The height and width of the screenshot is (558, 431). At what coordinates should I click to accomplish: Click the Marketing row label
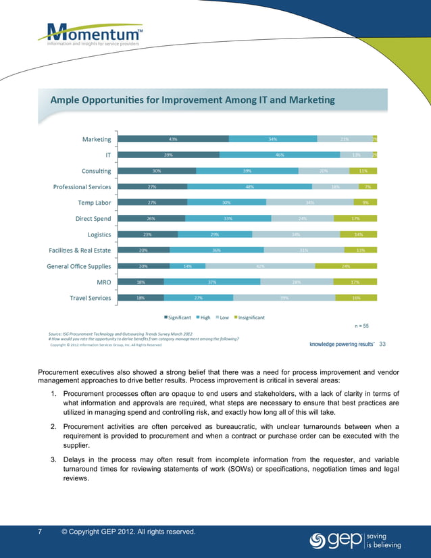(x=97, y=139)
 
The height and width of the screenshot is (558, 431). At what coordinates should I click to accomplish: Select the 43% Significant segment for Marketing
(x=173, y=139)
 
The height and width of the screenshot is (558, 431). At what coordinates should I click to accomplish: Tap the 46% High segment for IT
(x=279, y=155)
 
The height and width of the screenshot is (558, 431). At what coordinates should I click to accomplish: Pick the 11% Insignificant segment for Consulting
(x=363, y=171)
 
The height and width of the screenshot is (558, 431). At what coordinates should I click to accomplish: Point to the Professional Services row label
(x=82, y=186)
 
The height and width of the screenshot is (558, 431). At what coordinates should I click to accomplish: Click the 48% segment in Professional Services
(x=249, y=186)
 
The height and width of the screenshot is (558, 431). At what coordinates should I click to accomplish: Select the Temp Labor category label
(x=95, y=202)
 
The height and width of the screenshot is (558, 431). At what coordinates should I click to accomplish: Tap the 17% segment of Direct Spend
(x=355, y=218)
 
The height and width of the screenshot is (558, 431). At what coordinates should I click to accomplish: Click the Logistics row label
(x=99, y=234)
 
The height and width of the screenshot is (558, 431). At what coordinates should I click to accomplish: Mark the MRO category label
(x=102, y=282)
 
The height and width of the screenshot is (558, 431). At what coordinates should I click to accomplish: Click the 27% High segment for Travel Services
(x=199, y=298)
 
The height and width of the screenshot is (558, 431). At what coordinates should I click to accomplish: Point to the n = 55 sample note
(x=361, y=326)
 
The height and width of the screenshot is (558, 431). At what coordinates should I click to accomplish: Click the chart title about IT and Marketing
(x=193, y=100)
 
